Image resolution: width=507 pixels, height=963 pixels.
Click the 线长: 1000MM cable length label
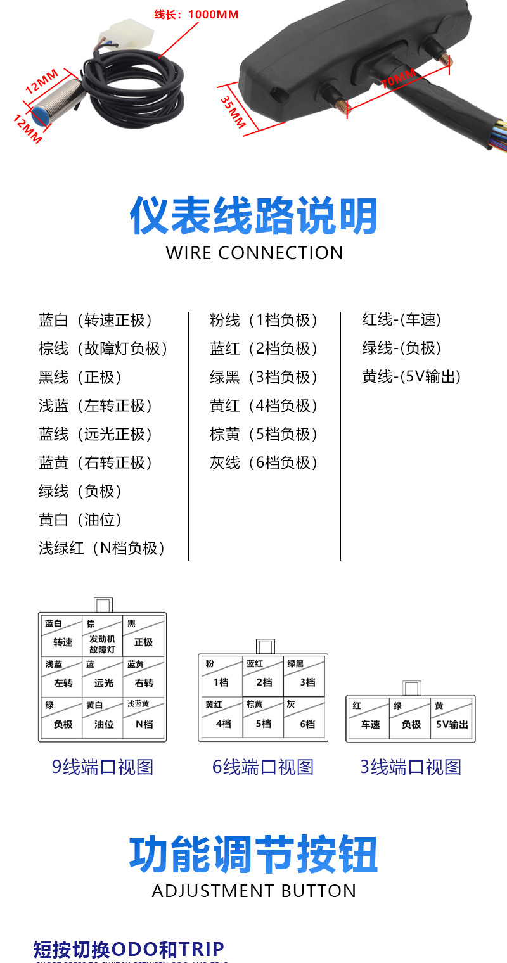tap(196, 14)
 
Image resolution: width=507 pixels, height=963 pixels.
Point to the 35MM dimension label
tap(233, 112)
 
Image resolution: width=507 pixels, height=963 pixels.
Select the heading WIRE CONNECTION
tap(254, 253)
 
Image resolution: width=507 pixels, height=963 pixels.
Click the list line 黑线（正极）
tap(80, 378)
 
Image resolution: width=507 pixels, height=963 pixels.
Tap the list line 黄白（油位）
tap(80, 520)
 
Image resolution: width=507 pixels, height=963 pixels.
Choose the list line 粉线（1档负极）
tap(264, 321)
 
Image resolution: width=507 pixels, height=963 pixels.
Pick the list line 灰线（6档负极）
tap(264, 463)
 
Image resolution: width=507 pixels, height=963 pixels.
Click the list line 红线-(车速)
tap(401, 320)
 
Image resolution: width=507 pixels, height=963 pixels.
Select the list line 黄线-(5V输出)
tap(411, 377)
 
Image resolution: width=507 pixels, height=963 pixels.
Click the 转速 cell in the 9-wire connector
tap(62, 642)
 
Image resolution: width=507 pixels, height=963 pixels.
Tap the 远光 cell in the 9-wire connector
tap(103, 683)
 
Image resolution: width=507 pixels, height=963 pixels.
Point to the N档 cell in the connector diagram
tap(144, 724)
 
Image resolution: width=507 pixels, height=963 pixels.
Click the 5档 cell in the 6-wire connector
tap(263, 724)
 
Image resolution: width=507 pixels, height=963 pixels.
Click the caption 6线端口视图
tap(263, 767)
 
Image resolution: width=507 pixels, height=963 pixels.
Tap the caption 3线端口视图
tap(411, 767)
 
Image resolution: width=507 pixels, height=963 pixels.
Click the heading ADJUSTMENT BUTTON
tap(254, 891)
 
